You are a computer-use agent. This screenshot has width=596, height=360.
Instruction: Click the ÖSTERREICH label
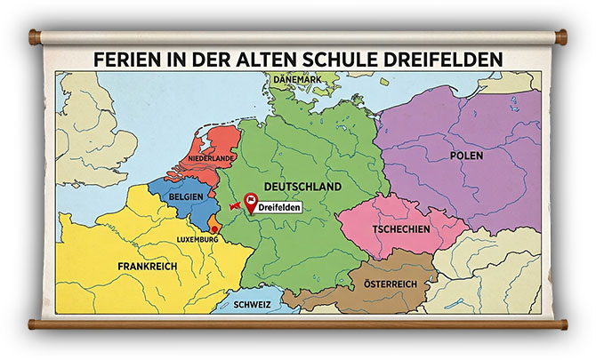[x=391, y=284]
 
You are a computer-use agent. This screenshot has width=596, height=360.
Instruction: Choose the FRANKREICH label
[x=148, y=266]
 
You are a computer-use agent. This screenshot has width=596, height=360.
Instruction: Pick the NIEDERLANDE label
[x=211, y=158]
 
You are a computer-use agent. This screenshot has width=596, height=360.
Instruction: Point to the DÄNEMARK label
[x=297, y=79]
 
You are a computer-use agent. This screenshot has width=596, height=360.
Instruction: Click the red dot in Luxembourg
[x=213, y=229]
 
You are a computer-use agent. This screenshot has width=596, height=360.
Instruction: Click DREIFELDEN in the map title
[x=452, y=59]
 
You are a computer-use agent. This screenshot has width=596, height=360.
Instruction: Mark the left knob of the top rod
[x=35, y=37]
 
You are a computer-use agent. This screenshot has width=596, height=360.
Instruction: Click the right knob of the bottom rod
[x=562, y=324]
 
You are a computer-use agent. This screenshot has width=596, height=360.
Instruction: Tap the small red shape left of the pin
[x=235, y=206]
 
